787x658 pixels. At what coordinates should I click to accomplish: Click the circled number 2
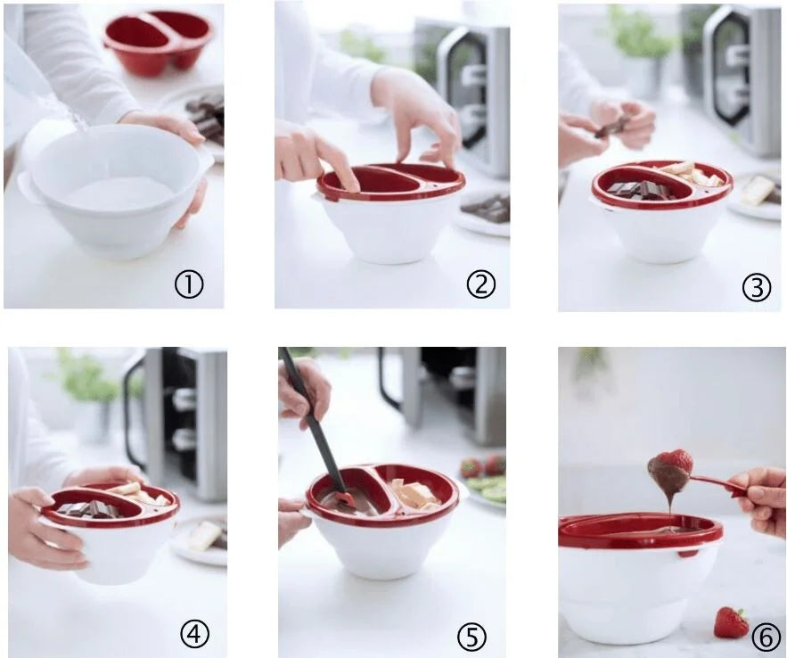[480, 284]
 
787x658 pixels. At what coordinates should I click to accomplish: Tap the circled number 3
[756, 288]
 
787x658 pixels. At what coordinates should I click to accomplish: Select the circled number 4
[195, 635]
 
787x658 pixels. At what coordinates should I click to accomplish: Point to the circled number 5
[472, 637]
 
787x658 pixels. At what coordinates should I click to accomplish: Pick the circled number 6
[763, 637]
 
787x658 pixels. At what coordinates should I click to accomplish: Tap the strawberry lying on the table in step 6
[731, 622]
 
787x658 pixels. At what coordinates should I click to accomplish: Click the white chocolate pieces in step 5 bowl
[414, 494]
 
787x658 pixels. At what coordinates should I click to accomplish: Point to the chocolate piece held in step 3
[612, 127]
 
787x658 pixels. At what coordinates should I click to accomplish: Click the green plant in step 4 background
[86, 378]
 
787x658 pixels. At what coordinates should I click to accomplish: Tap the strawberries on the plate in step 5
[481, 466]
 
